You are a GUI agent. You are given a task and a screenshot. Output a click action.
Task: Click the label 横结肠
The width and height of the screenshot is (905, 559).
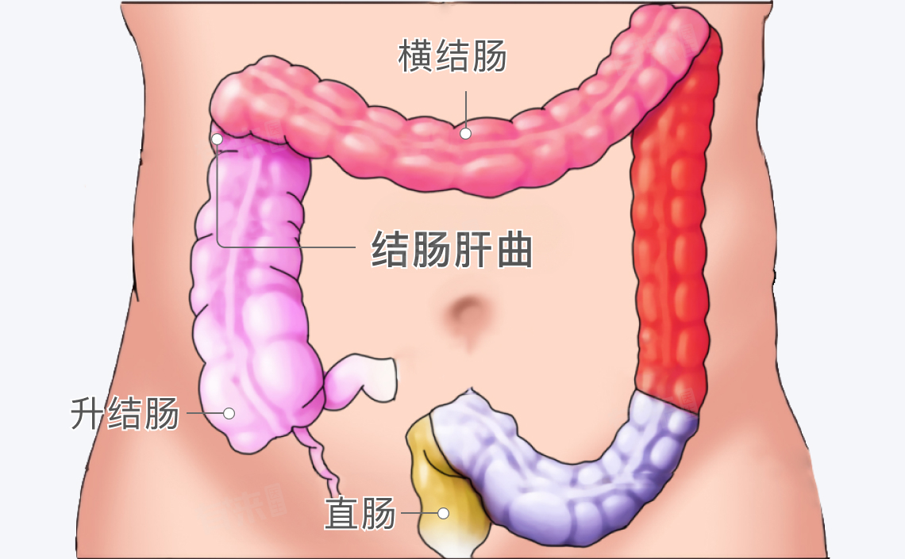[452, 56]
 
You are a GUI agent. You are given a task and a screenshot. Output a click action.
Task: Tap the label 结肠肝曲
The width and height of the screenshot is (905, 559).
[452, 250]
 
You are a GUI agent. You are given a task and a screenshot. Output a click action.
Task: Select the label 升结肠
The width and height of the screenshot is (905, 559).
[125, 413]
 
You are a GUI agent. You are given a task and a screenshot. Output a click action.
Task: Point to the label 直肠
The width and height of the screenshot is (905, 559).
[360, 513]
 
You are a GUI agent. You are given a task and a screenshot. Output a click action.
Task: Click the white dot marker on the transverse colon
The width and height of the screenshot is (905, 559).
[466, 134]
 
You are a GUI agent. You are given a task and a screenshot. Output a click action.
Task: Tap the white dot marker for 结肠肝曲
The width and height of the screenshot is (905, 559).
[217, 139]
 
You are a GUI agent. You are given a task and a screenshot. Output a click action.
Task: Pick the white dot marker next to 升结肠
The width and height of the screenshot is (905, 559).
[229, 413]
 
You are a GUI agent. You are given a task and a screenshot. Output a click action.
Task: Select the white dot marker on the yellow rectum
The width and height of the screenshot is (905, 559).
[443, 513]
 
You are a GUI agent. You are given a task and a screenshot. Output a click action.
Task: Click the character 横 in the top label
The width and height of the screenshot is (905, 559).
[415, 56]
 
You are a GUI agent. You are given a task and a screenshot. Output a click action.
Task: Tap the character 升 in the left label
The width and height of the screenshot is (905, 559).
[88, 413]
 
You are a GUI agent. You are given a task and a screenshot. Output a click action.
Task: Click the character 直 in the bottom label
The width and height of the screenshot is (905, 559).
[342, 513]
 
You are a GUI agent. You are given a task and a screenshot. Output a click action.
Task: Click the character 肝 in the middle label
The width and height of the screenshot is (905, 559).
[472, 250]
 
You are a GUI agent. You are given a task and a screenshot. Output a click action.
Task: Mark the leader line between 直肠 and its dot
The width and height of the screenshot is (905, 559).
[419, 513]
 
